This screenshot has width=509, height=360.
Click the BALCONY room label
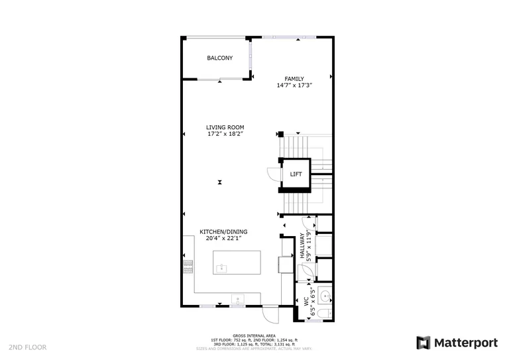click(220, 58)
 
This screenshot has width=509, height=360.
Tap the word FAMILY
click(294, 79)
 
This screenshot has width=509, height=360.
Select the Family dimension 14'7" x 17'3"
click(294, 86)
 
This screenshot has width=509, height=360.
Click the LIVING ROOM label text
click(225, 127)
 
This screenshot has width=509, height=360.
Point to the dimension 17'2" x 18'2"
click(225, 134)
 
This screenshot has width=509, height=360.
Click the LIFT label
click(296, 174)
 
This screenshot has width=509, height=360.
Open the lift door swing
click(274, 174)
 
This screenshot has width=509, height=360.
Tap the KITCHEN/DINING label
click(223, 232)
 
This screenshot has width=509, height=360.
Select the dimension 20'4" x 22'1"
click(223, 239)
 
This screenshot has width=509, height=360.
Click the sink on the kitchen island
click(223, 268)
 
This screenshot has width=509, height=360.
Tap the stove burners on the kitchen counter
click(188, 266)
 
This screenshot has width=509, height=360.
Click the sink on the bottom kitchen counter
click(237, 300)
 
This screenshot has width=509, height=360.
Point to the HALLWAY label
click(302, 246)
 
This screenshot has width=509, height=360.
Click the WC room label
click(307, 300)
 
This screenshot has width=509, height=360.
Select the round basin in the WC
click(324, 295)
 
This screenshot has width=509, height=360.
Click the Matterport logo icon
click(424, 343)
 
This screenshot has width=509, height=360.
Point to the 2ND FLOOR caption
click(27, 347)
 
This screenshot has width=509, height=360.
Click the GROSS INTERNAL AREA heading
click(254, 336)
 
